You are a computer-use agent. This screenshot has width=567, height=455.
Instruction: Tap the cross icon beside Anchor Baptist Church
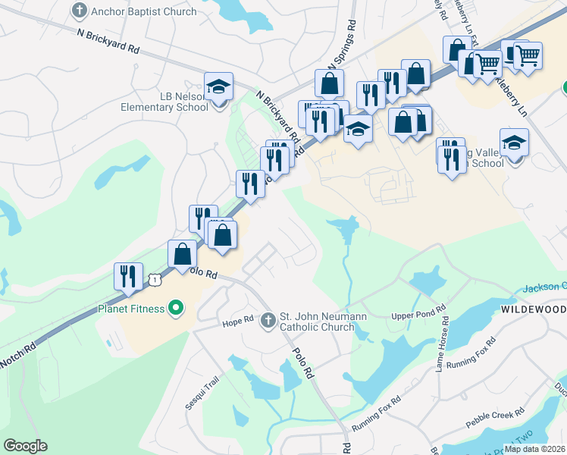point(78,11)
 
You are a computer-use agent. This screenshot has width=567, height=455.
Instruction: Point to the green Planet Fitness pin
point(177,308)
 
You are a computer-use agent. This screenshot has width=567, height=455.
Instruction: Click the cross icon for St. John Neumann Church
point(267,321)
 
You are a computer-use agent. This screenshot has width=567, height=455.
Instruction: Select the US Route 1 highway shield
point(155,280)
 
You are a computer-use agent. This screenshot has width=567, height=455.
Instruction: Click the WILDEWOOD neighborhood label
point(534,310)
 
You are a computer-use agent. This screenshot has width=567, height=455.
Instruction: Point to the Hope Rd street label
point(237,322)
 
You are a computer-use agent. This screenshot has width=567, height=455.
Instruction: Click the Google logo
point(25,446)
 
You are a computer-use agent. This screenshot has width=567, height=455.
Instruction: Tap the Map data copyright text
point(534,449)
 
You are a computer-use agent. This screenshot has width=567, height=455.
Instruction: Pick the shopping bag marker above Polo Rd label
point(182,255)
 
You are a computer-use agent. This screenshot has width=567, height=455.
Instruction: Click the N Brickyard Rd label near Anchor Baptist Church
point(108,42)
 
